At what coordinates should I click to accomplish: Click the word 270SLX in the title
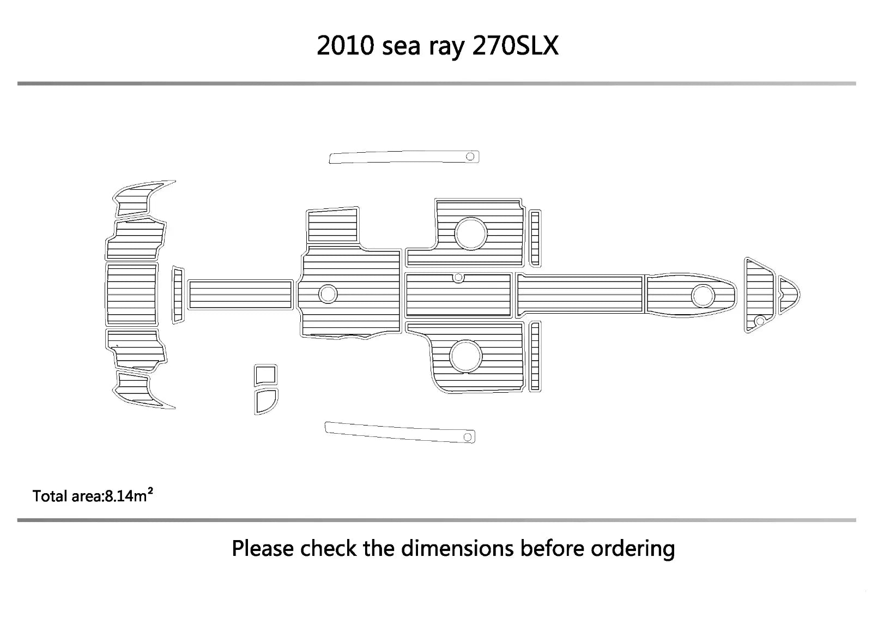click(516, 46)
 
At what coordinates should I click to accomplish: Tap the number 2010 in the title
click(346, 46)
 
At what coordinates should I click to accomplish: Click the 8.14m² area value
click(129, 495)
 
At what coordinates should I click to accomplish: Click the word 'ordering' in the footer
click(633, 550)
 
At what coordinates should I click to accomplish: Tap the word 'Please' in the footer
click(263, 548)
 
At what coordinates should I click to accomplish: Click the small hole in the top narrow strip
click(470, 157)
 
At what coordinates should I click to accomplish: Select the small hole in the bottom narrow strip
click(468, 437)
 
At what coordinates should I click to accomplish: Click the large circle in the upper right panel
click(471, 233)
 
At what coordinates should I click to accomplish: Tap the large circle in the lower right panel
click(465, 356)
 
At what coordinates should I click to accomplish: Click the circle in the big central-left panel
click(328, 294)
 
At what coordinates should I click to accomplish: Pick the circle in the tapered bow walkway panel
click(703, 296)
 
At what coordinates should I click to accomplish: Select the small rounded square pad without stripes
click(265, 375)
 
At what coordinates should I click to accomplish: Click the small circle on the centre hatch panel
click(458, 278)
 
